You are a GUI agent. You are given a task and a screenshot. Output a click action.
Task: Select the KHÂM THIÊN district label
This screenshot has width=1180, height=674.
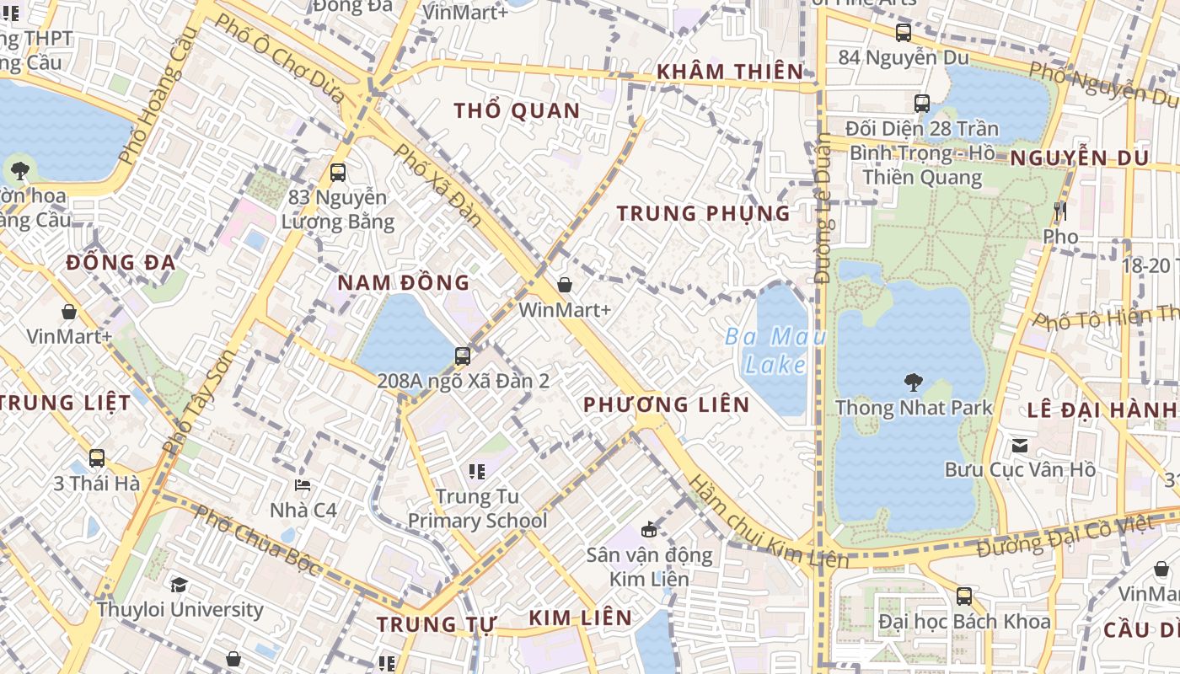coord(730,72)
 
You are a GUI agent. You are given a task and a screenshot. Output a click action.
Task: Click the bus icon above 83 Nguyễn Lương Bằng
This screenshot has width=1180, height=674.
coord(338,173)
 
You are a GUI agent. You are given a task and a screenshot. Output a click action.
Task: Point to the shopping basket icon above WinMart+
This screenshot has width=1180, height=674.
coord(565,286)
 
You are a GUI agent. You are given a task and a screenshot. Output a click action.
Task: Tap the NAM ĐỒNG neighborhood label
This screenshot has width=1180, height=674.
coord(404,283)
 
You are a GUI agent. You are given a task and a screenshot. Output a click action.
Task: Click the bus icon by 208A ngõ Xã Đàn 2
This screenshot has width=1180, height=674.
coord(462,356)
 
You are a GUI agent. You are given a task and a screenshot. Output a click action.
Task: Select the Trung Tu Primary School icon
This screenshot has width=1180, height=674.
coord(477,471)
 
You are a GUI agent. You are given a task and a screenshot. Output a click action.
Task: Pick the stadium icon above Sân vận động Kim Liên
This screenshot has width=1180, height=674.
coord(648,530)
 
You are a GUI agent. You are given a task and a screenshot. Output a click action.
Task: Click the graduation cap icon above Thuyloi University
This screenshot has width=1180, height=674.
coord(179,585)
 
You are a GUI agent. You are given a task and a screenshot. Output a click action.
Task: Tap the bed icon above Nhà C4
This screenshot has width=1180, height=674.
coord(303,485)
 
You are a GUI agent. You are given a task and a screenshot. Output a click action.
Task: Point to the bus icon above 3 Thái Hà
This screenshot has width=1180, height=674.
coord(97,458)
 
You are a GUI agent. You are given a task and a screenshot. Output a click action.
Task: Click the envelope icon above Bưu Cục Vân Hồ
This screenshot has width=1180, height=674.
coord(1020,445)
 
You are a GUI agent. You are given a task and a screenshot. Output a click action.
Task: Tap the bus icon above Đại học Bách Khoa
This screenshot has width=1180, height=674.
coord(964,596)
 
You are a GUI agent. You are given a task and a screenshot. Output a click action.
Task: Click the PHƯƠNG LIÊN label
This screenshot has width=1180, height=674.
coord(667,405)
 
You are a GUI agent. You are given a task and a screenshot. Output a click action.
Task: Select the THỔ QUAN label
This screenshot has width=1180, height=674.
coord(517,111)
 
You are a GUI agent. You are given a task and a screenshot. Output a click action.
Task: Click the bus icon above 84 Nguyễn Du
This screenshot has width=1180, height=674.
coord(904,33)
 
